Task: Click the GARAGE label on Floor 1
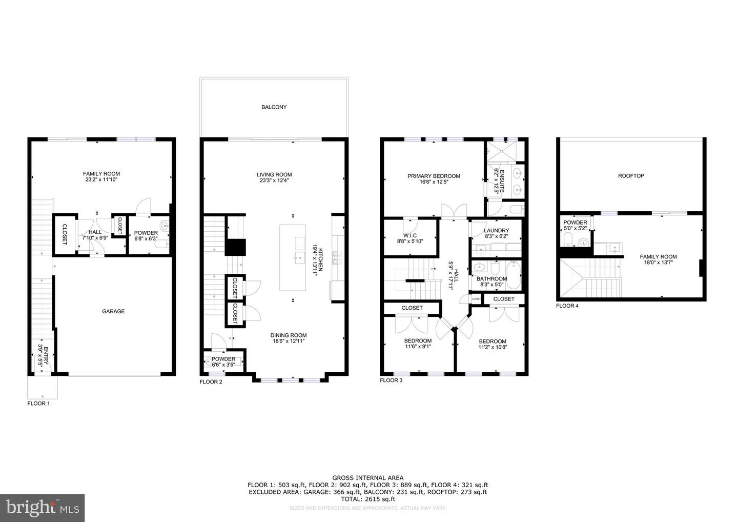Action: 113,311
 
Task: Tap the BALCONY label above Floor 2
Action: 274,107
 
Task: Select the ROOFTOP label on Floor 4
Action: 631,176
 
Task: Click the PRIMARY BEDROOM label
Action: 434,176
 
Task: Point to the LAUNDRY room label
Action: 496,231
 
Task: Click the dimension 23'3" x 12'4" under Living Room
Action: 274,180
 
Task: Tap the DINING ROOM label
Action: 289,335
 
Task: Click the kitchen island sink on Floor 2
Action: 297,257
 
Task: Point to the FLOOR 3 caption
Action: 391,380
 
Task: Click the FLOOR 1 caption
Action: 38,404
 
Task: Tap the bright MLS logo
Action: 43,508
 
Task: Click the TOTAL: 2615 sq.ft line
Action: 367,499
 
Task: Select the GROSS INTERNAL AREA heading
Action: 367,477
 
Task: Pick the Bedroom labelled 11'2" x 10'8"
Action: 492,342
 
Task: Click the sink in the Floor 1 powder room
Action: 165,226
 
